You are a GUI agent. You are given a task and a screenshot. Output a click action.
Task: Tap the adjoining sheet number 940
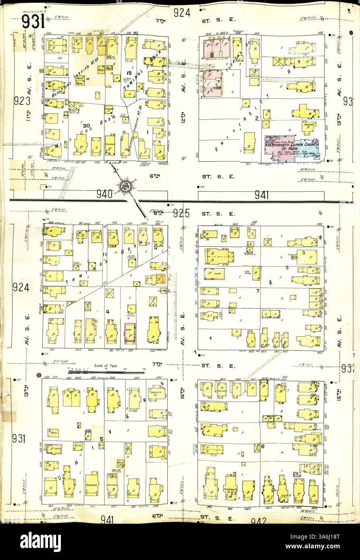[x=104, y=195]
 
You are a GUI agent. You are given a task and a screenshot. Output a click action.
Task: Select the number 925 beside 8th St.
[x=181, y=213]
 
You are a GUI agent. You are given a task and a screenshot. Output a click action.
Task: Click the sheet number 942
[x=259, y=521]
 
